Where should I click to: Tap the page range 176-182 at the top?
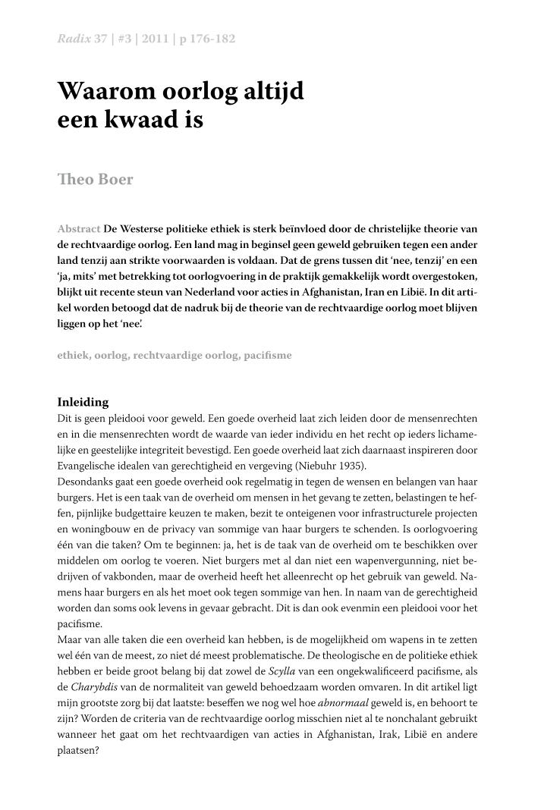pyautogui.click(x=212, y=39)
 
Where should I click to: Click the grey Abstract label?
pyautogui.click(x=79, y=228)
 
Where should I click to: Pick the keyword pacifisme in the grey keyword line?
pyautogui.click(x=268, y=355)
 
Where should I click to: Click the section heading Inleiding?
pyautogui.click(x=83, y=402)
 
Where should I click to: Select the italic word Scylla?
pyautogui.click(x=282, y=671)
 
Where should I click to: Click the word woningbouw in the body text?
pyautogui.click(x=96, y=529)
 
